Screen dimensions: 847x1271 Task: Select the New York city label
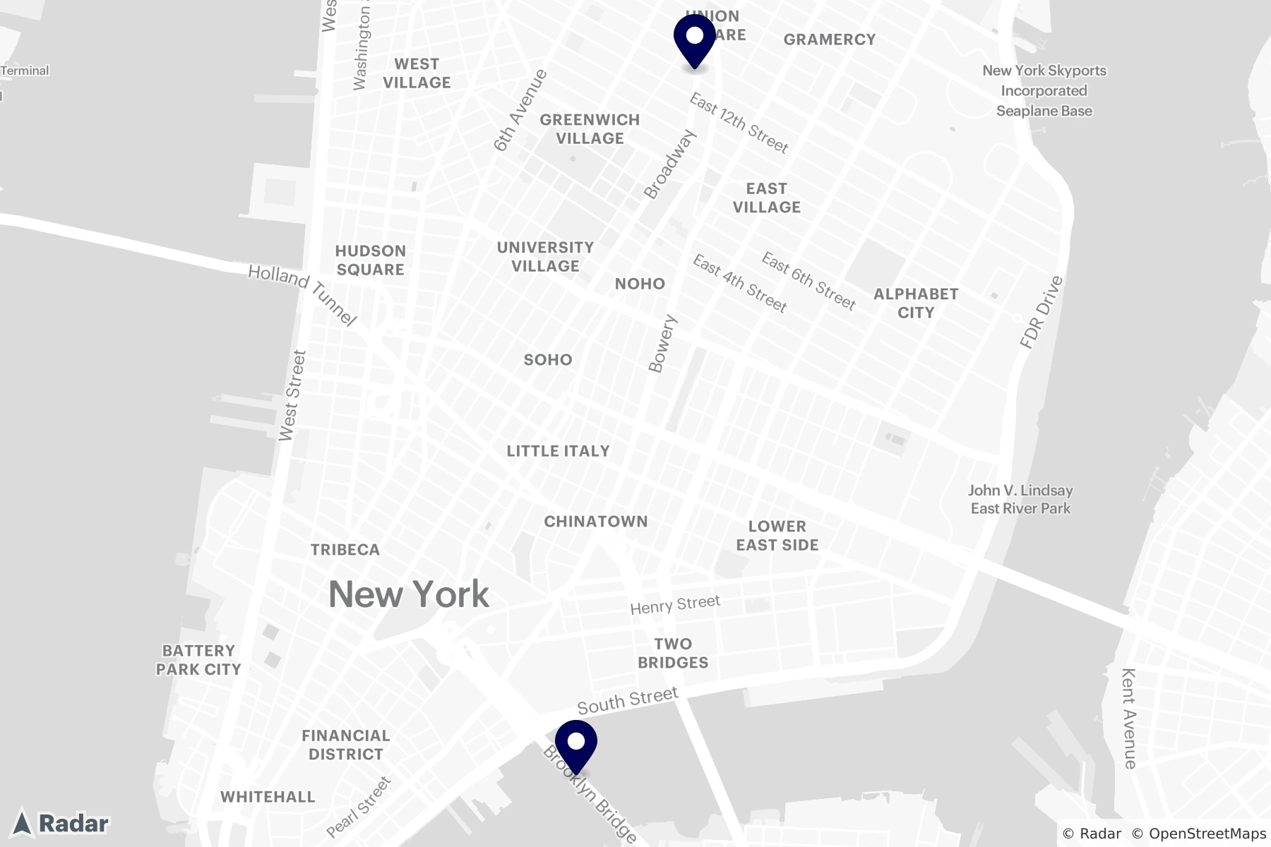(409, 594)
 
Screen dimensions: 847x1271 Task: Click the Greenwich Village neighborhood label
(590, 129)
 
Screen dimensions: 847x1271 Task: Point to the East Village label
(766, 198)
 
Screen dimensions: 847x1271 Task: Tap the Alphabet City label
(916, 303)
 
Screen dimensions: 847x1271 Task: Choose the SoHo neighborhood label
(548, 360)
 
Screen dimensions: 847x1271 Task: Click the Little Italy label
(558, 451)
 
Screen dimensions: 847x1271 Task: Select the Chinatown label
(595, 522)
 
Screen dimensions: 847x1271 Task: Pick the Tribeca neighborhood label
(345, 550)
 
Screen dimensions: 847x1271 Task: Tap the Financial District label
(346, 745)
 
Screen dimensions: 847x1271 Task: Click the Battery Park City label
(198, 660)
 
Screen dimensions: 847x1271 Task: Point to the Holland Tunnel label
(303, 295)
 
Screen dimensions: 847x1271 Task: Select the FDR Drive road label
(1042, 312)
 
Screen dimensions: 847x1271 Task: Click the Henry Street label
(675, 604)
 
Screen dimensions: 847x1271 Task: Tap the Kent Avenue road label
(1128, 718)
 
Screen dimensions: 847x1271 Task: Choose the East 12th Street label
(739, 124)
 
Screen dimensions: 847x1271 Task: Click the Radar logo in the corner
(62, 823)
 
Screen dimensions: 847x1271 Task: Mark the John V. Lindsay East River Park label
(1020, 499)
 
